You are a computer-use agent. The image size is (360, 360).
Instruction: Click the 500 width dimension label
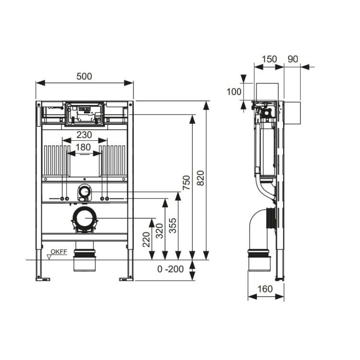tap(84, 76)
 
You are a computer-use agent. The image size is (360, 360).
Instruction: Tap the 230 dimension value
tap(84, 135)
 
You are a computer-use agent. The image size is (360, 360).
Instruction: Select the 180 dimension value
tap(83, 147)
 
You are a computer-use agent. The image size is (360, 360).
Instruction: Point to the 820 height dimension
tap(201, 178)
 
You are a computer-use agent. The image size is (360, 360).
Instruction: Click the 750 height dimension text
tap(186, 182)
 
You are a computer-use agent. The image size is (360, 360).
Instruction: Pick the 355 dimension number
tap(173, 226)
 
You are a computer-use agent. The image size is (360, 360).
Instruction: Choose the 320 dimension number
tap(159, 231)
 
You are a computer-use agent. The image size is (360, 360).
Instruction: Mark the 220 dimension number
tap(146, 240)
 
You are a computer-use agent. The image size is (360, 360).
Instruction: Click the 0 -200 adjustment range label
tap(170, 269)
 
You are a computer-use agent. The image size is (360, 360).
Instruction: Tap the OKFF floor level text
tap(59, 252)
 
